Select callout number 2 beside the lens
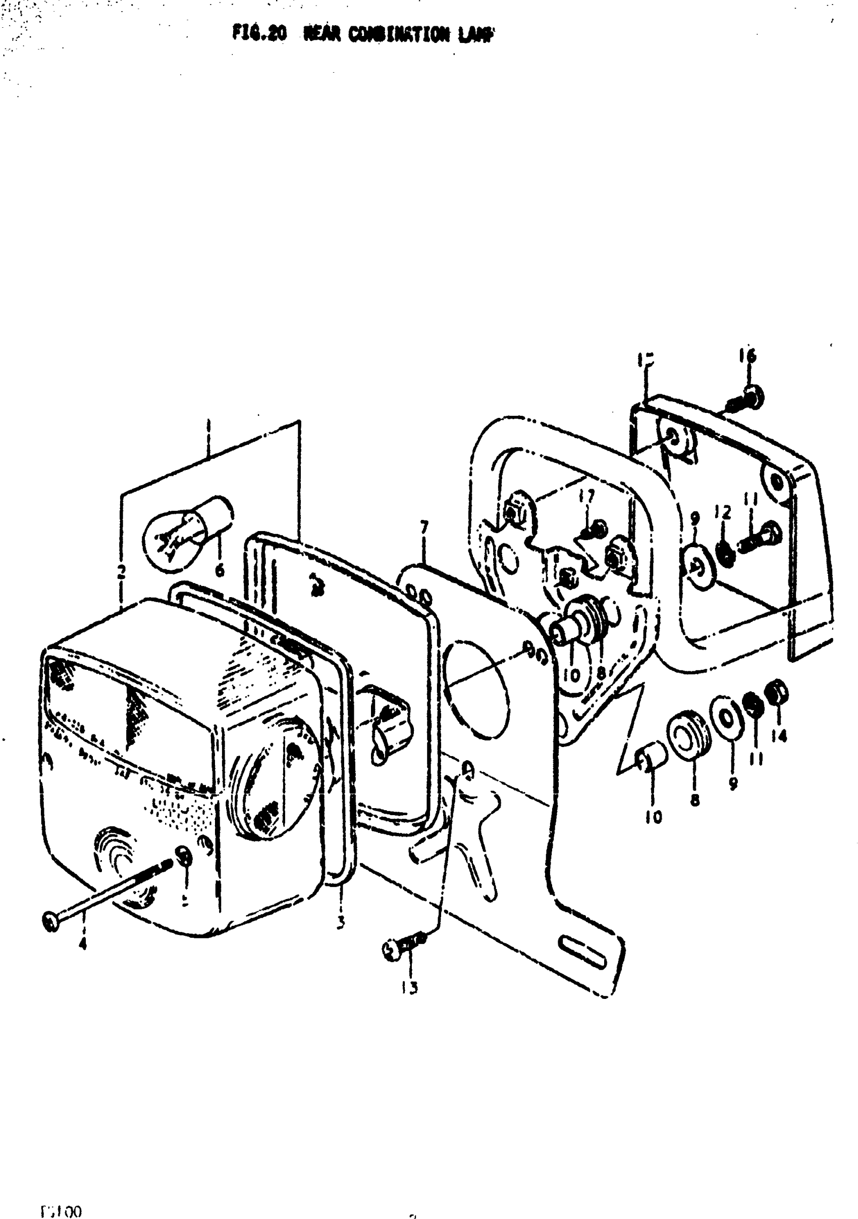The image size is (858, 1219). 122,572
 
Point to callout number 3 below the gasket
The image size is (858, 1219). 340,922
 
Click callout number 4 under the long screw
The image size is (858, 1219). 82,943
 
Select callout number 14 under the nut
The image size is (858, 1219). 779,736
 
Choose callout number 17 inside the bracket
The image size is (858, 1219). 586,496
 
